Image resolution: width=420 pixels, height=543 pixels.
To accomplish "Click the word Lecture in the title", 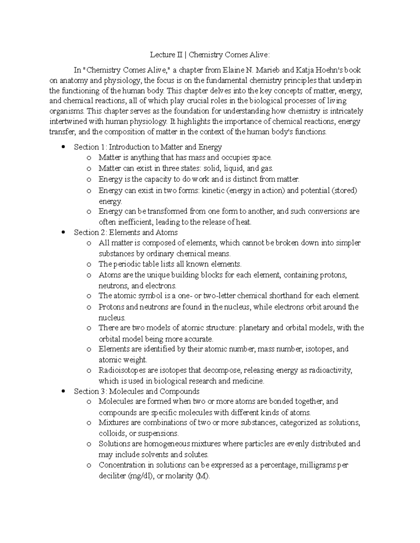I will point(162,55).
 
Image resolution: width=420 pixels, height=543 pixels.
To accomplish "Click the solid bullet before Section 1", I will point(63,147).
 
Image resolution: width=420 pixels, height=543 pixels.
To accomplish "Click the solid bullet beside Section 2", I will point(63,232).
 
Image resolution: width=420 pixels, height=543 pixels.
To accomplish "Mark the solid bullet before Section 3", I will point(63,391).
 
